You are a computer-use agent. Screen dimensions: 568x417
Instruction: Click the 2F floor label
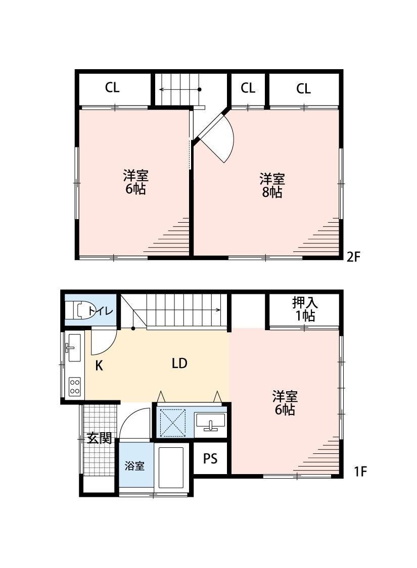point(353,257)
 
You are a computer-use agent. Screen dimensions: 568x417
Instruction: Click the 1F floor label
point(360,472)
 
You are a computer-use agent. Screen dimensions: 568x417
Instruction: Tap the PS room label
point(210,458)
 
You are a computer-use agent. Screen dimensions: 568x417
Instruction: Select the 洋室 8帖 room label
point(272,185)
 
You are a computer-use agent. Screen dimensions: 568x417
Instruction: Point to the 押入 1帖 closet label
point(304,309)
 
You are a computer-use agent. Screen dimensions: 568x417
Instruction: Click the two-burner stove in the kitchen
point(75,386)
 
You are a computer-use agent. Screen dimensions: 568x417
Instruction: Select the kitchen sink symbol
point(74,347)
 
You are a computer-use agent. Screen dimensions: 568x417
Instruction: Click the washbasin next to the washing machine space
point(210,421)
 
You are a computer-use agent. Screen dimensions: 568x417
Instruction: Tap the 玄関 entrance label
point(99,438)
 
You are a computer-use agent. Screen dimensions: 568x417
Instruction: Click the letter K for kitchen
point(99,366)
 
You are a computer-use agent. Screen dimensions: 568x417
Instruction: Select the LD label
point(179,363)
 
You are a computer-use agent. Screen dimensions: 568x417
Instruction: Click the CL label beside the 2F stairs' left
point(112,88)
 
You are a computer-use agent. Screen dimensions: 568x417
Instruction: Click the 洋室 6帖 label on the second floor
point(135,182)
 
